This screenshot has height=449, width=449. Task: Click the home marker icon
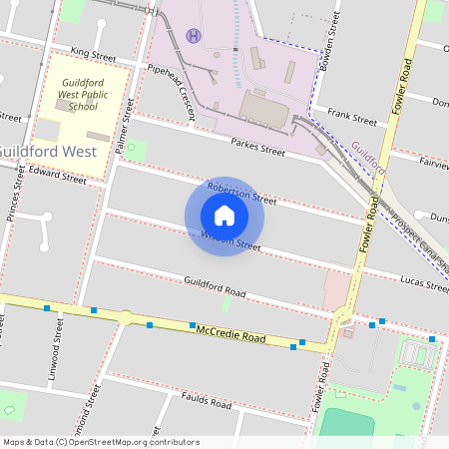click(x=224, y=216)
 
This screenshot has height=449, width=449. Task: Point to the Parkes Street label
click(x=258, y=146)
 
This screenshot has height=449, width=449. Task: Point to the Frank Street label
click(x=351, y=117)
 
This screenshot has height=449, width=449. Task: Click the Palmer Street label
click(x=124, y=130)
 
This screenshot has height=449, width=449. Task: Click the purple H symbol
click(x=193, y=35)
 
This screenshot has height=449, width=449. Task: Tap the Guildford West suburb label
click(x=47, y=152)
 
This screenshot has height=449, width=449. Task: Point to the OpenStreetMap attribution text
click(x=101, y=441)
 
